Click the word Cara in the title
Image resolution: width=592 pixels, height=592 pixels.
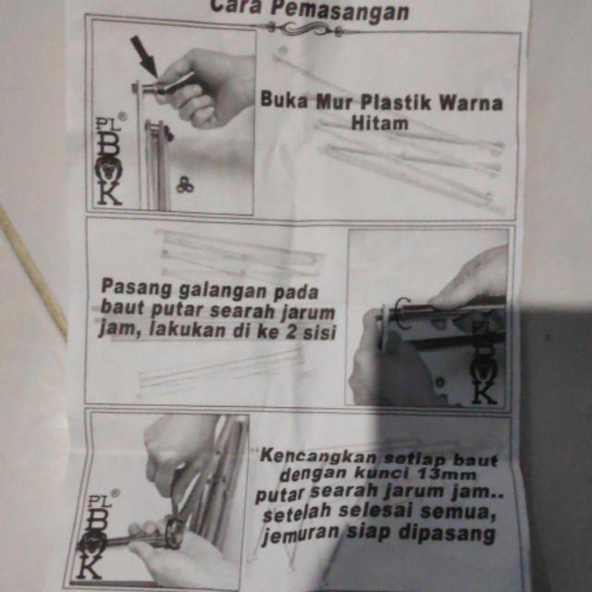[x=233, y=7]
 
